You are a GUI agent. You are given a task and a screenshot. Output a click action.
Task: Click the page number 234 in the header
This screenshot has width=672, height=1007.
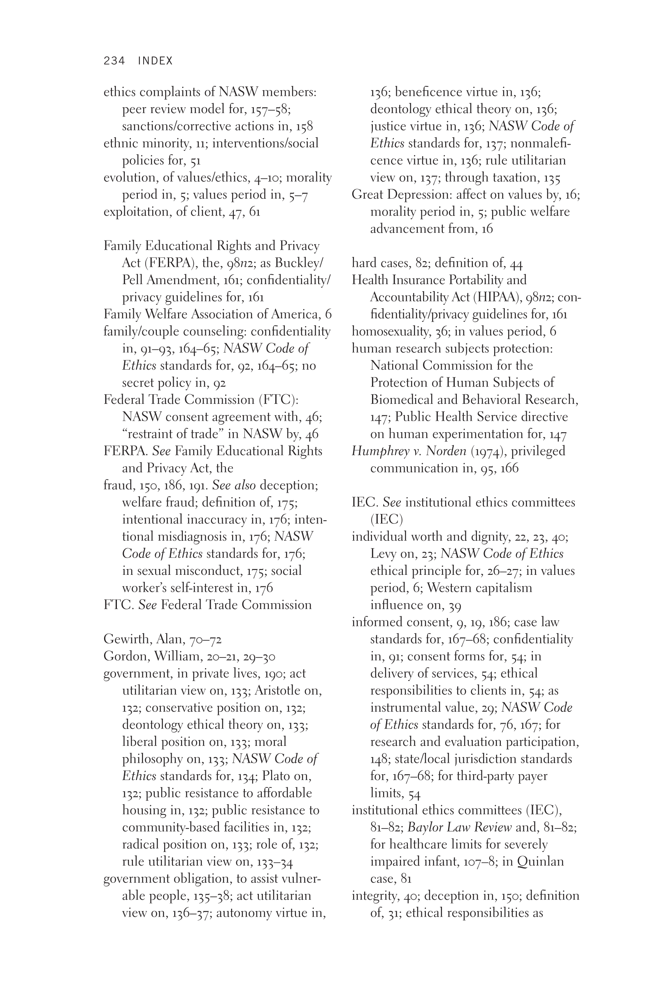pos(114,61)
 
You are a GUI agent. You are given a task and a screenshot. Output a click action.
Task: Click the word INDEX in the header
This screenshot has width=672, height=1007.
pos(155,61)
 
